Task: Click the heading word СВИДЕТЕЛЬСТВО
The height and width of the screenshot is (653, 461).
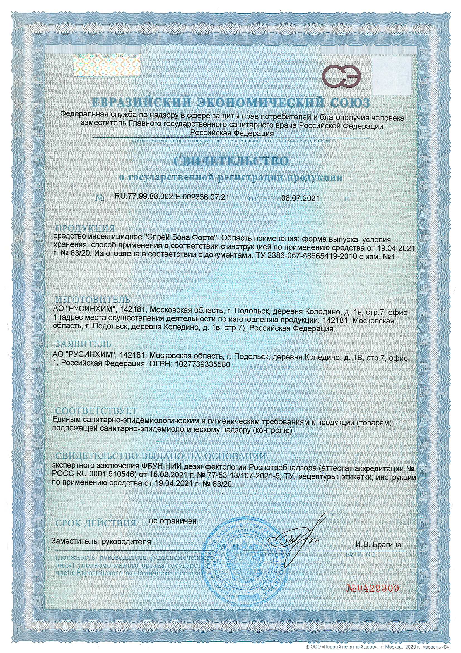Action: pyautogui.click(x=231, y=161)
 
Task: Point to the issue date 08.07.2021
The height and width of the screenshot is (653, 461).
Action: pyautogui.click(x=300, y=198)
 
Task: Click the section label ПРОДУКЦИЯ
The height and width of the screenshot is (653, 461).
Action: pyautogui.click(x=85, y=228)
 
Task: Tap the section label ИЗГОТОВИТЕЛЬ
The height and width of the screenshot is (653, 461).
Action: pyautogui.click(x=93, y=299)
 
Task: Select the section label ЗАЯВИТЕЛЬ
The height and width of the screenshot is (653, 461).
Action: pyautogui.click(x=83, y=344)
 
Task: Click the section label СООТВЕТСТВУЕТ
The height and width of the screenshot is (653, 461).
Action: pyautogui.click(x=96, y=411)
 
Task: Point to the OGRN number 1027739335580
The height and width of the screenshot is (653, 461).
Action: pyautogui.click(x=202, y=364)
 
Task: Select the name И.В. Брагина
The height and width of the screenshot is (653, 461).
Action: pyautogui.click(x=378, y=545)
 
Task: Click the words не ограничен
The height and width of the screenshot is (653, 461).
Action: pyautogui.click(x=173, y=521)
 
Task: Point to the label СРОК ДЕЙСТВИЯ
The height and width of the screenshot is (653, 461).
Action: pyautogui.click(x=96, y=523)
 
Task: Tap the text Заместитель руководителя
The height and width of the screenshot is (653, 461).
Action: pyautogui.click(x=101, y=542)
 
